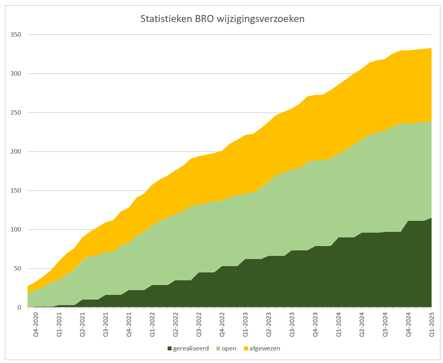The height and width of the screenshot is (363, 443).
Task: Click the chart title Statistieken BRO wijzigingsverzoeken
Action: pyautogui.click(x=222, y=19)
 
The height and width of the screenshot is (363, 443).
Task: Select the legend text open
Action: pyautogui.click(x=229, y=348)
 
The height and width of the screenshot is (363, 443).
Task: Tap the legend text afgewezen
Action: pyautogui.click(x=264, y=348)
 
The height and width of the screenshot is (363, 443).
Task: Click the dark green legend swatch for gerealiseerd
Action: pyautogui.click(x=170, y=348)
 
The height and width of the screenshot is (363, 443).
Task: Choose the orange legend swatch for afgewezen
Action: pyautogui.click(x=246, y=348)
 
